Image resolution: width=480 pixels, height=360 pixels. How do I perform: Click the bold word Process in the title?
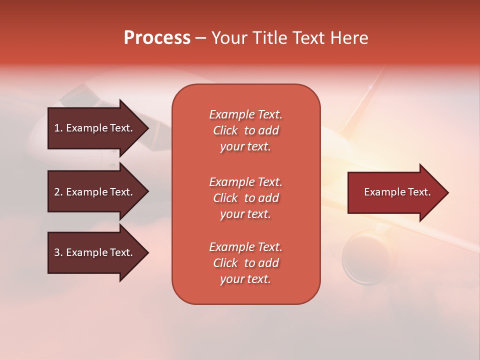point(157,38)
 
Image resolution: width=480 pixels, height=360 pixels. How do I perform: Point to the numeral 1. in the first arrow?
point(58,128)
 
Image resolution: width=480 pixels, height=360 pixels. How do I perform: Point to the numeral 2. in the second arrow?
point(58,192)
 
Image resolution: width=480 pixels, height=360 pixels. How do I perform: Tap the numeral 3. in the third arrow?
point(58,252)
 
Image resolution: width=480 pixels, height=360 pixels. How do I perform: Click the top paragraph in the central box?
point(245,130)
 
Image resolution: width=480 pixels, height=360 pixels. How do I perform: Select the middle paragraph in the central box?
point(245,198)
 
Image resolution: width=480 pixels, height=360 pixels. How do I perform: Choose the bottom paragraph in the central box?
point(245,263)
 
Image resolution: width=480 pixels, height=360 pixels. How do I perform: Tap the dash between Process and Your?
point(200,38)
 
